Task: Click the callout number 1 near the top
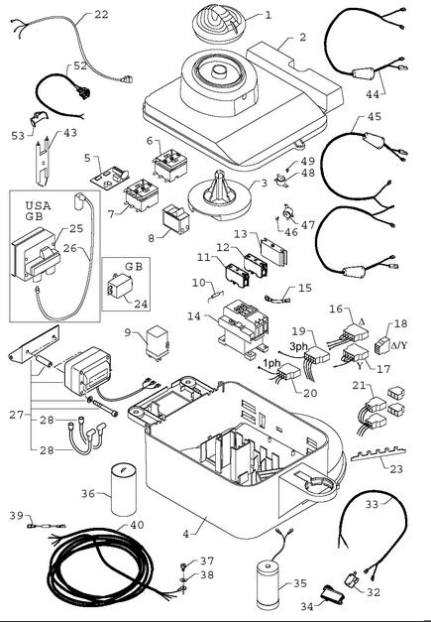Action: click(269, 15)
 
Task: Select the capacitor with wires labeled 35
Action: click(269, 584)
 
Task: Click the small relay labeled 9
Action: click(159, 342)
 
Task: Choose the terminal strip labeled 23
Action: click(378, 454)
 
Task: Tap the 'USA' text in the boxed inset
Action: click(38, 206)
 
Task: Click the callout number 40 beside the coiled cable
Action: click(137, 525)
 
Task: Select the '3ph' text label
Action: click(298, 346)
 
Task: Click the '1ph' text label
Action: click(272, 363)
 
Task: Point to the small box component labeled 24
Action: click(119, 286)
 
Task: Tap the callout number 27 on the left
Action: click(16, 415)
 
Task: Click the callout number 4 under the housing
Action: click(186, 534)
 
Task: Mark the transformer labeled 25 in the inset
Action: click(37, 255)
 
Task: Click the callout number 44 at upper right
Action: click(373, 94)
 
